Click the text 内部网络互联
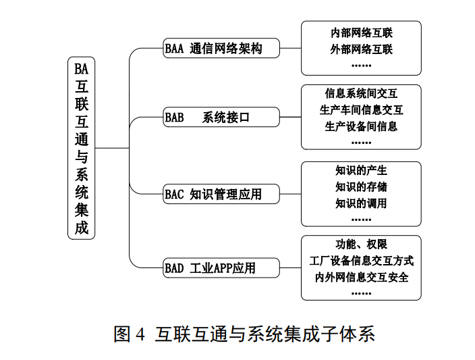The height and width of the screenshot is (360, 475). [361, 32]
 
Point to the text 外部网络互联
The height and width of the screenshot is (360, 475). [361, 49]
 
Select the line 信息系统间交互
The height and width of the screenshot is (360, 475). [361, 94]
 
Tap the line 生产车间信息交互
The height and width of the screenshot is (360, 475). [361, 110]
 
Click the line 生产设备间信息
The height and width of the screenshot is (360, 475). [361, 126]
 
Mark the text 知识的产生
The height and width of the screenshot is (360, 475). [361, 170]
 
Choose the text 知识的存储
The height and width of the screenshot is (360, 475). [361, 186]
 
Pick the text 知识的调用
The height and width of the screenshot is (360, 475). [361, 203]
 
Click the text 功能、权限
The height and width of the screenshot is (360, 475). [361, 244]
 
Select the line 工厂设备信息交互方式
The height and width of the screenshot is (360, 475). [361, 260]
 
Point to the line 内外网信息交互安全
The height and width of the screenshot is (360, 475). [361, 276]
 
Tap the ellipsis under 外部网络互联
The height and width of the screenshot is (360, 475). [361, 66]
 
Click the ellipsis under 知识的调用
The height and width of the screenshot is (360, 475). [361, 219]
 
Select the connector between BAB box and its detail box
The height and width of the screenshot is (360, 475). [291, 117]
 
